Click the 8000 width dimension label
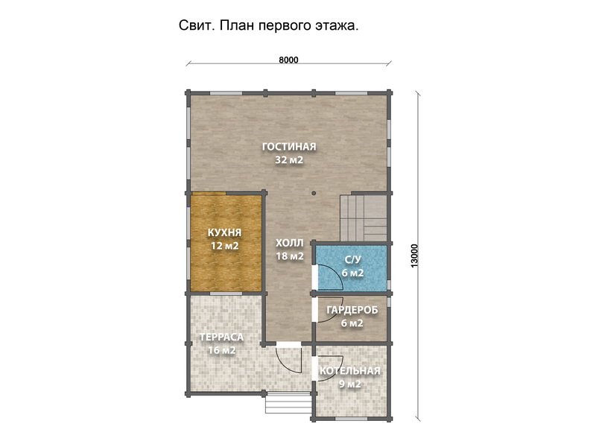[288, 60]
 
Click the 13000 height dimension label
[414, 256]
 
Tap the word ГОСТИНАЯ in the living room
[289, 147]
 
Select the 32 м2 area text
[289, 160]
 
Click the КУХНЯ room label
[225, 232]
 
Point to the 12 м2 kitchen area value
[225, 246]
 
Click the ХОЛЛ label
[290, 243]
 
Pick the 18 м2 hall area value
[290, 256]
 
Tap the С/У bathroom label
[352, 259]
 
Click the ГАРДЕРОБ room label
[352, 310]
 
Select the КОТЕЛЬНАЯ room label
[349, 371]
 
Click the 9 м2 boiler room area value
[349, 384]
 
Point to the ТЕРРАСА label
[221, 337]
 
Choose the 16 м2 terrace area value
[221, 350]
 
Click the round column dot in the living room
[314, 193]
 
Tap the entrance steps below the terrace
[288, 403]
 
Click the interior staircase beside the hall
[364, 218]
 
